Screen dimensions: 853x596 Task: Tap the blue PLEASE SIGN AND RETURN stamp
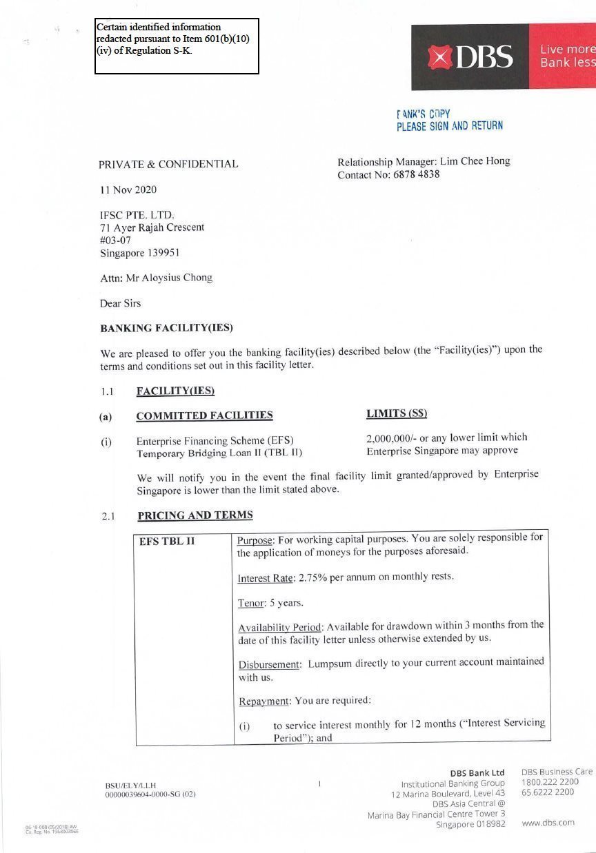click(449, 126)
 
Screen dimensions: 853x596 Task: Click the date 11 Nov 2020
click(128, 189)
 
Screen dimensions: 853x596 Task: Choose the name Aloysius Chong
click(178, 278)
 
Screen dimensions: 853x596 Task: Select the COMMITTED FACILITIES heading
click(204, 415)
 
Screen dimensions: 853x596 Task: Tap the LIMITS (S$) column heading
click(397, 413)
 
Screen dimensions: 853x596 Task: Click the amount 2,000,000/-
click(391, 438)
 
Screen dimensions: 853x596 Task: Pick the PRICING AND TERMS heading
click(195, 515)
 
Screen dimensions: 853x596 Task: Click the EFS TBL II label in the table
click(167, 542)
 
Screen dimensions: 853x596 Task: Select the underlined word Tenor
click(251, 603)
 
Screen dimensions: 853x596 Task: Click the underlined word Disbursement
click(269, 664)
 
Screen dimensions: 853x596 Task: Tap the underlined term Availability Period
click(280, 628)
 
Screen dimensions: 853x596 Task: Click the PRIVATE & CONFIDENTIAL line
click(168, 164)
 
